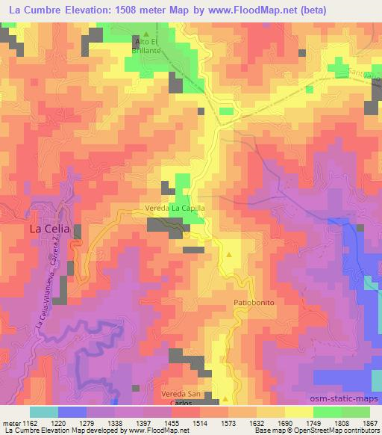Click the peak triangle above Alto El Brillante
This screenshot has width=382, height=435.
[x=146, y=34]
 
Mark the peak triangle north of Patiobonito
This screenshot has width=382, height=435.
[x=229, y=255]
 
